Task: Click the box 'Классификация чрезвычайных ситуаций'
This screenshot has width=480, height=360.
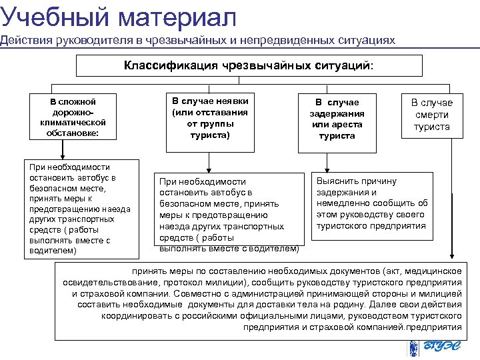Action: tap(249, 66)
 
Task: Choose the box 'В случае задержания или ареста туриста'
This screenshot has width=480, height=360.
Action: tap(337, 119)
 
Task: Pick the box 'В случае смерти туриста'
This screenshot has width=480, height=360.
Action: tap(431, 115)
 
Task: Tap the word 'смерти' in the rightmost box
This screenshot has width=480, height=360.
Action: tap(431, 115)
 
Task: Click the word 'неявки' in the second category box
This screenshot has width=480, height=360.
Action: tap(229, 101)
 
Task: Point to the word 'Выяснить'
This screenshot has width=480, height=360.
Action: tap(337, 181)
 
